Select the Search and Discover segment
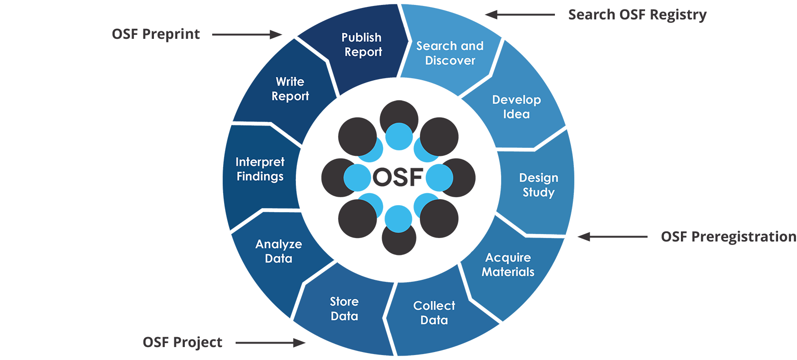coord(450,53)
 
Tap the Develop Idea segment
coord(516,107)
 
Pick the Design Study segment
coord(538,185)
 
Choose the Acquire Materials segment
coord(508,265)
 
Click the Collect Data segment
coord(434,313)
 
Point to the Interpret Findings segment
coord(260,169)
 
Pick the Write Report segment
coord(290,89)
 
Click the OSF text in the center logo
coord(398,177)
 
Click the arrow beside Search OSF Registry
coord(520,14)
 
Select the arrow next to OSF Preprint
coord(247,34)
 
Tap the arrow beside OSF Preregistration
coord(612,237)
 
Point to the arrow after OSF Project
coord(270,343)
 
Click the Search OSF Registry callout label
coord(637,15)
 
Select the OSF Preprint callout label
coord(156,34)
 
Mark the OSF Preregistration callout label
coord(729,237)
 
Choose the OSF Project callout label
coord(182,342)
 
